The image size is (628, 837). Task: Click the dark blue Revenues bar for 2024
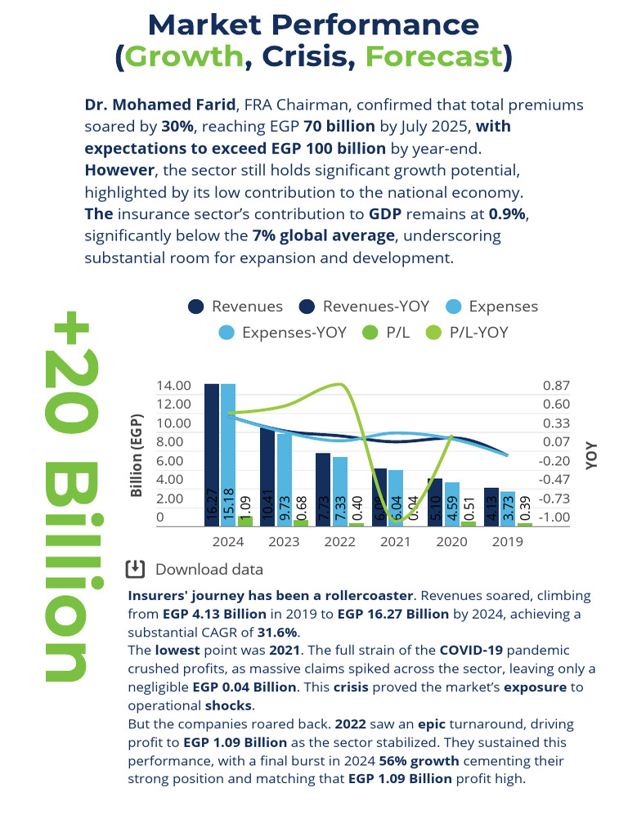(212, 454)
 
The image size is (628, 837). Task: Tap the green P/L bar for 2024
(245, 521)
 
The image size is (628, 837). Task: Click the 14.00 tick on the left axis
(173, 386)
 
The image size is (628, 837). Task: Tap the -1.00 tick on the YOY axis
(556, 517)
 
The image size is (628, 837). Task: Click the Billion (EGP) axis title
(137, 454)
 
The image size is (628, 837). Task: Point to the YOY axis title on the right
(591, 455)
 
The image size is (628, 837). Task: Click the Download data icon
(136, 569)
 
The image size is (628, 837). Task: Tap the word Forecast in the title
(433, 57)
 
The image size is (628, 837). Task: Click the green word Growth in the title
(185, 57)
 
